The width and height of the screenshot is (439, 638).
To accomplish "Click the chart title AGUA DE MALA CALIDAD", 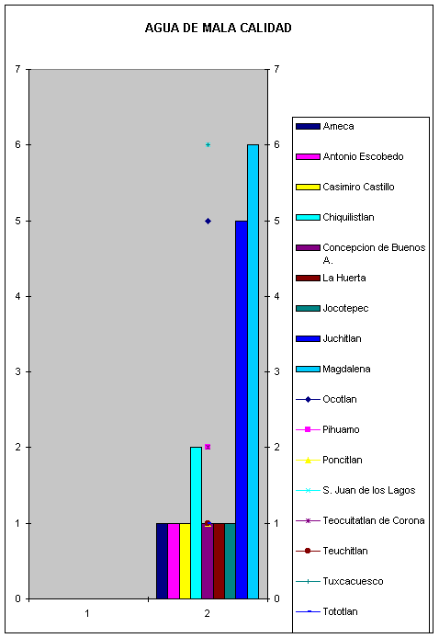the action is pos(219,28).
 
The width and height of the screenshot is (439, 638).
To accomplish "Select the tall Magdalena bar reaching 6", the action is pos(253,371).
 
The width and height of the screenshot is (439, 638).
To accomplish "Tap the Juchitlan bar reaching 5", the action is pos(242,410).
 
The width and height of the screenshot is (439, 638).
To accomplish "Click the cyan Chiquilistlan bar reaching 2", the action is pos(196,523).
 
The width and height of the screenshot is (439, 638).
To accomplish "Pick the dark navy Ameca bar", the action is pos(162,561).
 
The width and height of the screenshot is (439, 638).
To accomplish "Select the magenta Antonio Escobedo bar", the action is pos(174,561).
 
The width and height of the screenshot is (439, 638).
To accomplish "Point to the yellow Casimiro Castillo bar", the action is pos(185,561).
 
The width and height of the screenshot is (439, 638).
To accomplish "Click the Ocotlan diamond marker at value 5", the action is pos(208,221).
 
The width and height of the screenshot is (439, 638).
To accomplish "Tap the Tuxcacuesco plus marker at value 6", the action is pos(208,145).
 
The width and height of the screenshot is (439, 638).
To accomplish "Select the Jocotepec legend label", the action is pos(345,308).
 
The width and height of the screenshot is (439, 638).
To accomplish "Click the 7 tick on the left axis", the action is pos(17,69).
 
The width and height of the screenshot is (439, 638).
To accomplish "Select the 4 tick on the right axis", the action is pos(276,296).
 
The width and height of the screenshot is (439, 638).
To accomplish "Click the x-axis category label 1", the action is pos(87,613).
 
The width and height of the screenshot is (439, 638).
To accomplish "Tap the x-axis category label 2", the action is pos(208,613).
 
